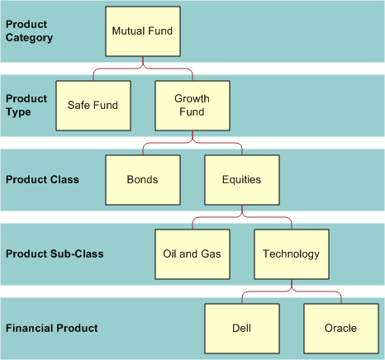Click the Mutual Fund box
pyautogui.click(x=142, y=31)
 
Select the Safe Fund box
pyautogui.click(x=93, y=105)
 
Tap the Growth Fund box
pyautogui.click(x=192, y=105)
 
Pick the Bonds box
pyautogui.click(x=142, y=179)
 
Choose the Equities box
pyautogui.click(x=241, y=179)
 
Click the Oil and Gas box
pyautogui.click(x=192, y=253)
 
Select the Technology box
pyautogui.click(x=291, y=253)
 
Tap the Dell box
pyautogui.click(x=241, y=328)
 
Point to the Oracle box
pyautogui.click(x=340, y=328)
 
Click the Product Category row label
pyautogui.click(x=30, y=31)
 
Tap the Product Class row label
pyautogui.click(x=42, y=179)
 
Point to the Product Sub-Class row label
pyautogui.click(x=55, y=253)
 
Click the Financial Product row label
pyautogui.click(x=52, y=328)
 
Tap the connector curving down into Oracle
pyautogui.click(x=340, y=296)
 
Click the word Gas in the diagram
pyautogui.click(x=212, y=253)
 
